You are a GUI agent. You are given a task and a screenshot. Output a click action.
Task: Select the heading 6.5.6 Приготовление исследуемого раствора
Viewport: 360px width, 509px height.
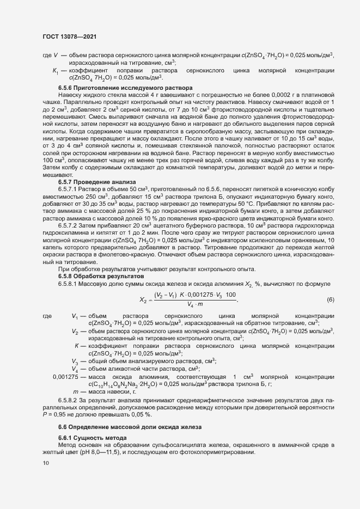click(x=125, y=88)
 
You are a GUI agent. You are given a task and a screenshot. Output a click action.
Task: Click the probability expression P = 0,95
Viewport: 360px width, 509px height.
click(x=55, y=414)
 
